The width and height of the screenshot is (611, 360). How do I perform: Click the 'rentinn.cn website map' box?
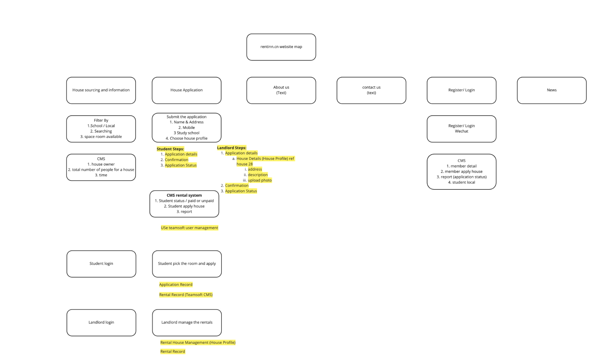[281, 47]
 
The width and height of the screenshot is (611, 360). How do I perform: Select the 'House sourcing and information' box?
[101, 90]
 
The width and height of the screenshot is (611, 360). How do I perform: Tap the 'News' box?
[551, 90]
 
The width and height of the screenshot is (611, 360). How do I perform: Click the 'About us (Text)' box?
[281, 90]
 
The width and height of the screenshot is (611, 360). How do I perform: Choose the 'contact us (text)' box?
[371, 90]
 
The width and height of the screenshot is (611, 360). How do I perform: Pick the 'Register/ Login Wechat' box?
[461, 129]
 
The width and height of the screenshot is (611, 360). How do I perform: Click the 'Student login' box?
[101, 264]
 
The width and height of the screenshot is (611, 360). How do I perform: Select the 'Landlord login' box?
[101, 322]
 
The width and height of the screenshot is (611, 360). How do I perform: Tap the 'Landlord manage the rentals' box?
[187, 322]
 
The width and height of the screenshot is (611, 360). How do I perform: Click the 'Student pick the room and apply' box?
[187, 264]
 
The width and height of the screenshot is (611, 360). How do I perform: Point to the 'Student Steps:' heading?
[170, 149]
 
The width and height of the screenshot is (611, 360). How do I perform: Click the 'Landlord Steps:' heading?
[232, 148]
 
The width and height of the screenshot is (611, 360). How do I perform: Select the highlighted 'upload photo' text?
[260, 180]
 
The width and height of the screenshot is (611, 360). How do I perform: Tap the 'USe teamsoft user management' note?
[189, 228]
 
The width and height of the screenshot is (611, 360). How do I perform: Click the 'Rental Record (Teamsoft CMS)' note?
[186, 295]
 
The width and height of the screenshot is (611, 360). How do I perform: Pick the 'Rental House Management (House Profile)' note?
[198, 342]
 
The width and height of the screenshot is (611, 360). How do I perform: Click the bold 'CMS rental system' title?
[184, 195]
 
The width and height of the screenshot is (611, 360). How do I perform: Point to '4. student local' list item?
[461, 182]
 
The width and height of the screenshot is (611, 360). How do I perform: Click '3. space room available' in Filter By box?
[101, 137]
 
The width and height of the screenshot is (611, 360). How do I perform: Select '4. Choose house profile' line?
[186, 138]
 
